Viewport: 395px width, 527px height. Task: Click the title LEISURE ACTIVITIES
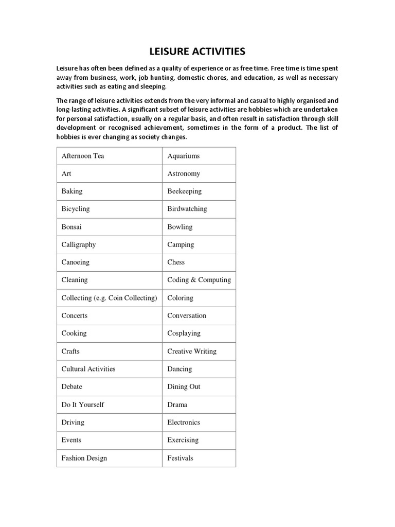pyautogui.click(x=197, y=51)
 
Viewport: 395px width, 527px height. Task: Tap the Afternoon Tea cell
pyautogui.click(x=83, y=155)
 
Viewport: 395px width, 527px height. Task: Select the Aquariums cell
pyautogui.click(x=184, y=155)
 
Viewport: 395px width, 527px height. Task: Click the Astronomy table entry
pyautogui.click(x=184, y=173)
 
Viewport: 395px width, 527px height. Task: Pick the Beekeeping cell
pyautogui.click(x=185, y=191)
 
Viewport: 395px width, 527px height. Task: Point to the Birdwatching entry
pyautogui.click(x=187, y=209)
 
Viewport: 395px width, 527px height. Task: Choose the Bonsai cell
pyautogui.click(x=71, y=226)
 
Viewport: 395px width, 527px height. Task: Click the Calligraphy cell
pyautogui.click(x=79, y=244)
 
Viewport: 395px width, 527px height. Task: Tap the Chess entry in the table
pyautogui.click(x=176, y=262)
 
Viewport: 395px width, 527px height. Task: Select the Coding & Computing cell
pyautogui.click(x=199, y=280)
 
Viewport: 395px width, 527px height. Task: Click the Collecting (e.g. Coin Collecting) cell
pyautogui.click(x=109, y=297)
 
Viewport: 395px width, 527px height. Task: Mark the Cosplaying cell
pyautogui.click(x=184, y=333)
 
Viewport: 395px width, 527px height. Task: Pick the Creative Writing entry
pyautogui.click(x=192, y=351)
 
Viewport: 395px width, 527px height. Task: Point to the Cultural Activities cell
pyautogui.click(x=88, y=368)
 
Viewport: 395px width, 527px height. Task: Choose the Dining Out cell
pyautogui.click(x=184, y=387)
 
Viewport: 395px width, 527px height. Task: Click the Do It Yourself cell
pyautogui.click(x=83, y=405)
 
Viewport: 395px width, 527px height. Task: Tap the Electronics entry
pyautogui.click(x=184, y=422)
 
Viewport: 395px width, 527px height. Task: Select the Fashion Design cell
pyautogui.click(x=84, y=458)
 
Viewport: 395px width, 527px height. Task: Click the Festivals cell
pyautogui.click(x=181, y=458)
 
